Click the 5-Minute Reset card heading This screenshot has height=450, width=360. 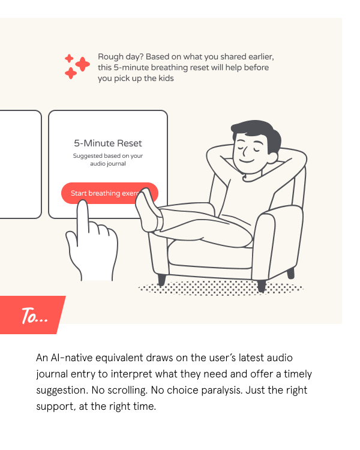(108, 143)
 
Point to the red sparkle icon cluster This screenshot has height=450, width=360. (77, 66)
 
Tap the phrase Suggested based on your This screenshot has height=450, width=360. (108, 156)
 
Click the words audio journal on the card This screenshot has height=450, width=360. (108, 164)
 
